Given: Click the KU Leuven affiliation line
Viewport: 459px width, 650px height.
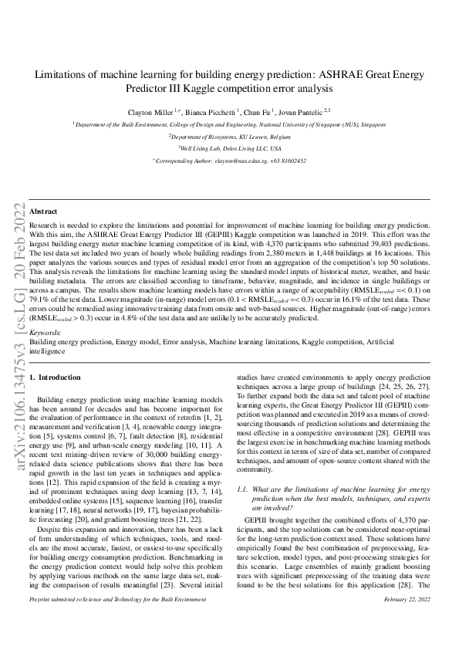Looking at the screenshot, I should click(x=229, y=135).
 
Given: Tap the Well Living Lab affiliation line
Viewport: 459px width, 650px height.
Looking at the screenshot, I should click(x=229, y=148).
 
